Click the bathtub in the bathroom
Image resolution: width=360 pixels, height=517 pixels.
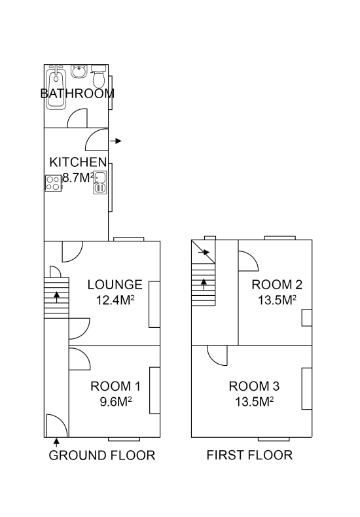click(56, 87)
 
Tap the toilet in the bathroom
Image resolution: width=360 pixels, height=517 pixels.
click(99, 76)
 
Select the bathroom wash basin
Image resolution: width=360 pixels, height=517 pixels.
click(79, 71)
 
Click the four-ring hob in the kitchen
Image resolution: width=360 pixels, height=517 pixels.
click(54, 183)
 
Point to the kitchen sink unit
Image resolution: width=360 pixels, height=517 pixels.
click(100, 183)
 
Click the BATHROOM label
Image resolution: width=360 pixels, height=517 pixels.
click(77, 94)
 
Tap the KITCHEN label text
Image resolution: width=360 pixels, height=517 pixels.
click(78, 162)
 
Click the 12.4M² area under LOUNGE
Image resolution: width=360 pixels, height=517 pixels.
click(115, 300)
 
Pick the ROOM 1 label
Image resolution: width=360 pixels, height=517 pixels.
click(115, 386)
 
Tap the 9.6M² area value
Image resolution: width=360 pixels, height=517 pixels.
click(116, 402)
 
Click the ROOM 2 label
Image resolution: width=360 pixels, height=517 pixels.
click(277, 285)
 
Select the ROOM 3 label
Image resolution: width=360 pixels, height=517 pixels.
click(254, 386)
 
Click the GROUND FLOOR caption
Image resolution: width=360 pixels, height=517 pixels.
click(102, 455)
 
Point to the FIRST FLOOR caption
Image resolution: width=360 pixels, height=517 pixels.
click(249, 455)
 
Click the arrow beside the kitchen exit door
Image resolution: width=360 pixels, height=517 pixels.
click(116, 141)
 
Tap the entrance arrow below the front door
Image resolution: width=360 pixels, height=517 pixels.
click(57, 442)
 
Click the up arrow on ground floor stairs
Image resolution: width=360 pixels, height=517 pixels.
click(57, 297)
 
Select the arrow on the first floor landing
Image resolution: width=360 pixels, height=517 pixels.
click(204, 253)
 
